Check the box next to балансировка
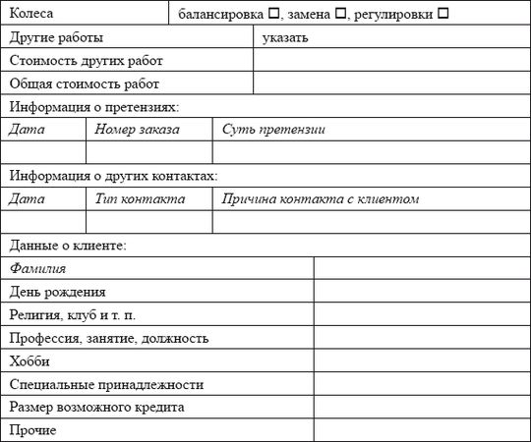[273, 15]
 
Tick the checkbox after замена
[340, 15]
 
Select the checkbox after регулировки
[442, 15]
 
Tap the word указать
[286, 38]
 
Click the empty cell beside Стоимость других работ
[390, 61]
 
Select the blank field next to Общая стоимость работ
[390, 84]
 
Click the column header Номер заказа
[138, 130]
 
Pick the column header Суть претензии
[273, 130]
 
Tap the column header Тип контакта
[140, 199]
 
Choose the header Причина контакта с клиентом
[321, 199]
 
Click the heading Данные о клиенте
[68, 245]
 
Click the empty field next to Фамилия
[421, 268]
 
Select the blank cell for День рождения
[421, 292]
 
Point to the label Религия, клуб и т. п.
[73, 315]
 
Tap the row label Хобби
[29, 361]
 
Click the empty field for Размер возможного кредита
[421, 407]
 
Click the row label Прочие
[32, 430]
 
